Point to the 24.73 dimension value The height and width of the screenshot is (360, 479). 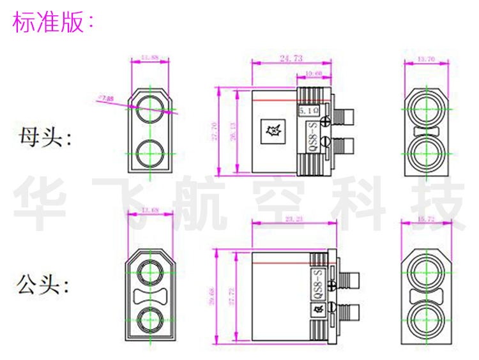pos(291,58)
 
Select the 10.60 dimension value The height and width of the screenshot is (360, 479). pos(314,74)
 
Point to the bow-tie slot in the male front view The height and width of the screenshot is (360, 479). pos(151,296)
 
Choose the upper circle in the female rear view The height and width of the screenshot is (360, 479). pos(425,107)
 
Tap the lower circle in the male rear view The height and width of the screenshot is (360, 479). pos(425,317)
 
